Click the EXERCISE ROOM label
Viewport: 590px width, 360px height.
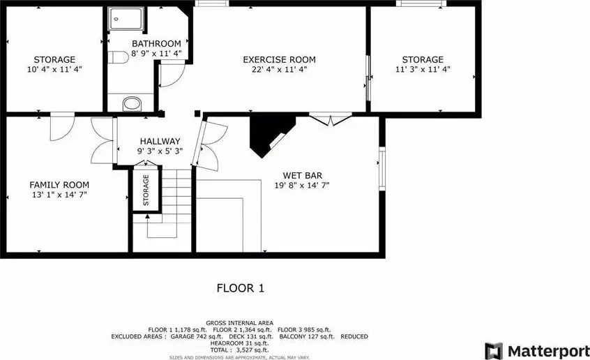tap(279, 59)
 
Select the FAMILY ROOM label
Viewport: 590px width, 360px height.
tap(59, 185)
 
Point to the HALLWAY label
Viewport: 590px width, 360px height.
tap(160, 141)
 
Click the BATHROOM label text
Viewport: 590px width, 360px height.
tap(156, 44)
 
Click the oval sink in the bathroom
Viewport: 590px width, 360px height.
tap(132, 103)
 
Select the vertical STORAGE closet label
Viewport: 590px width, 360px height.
tap(146, 190)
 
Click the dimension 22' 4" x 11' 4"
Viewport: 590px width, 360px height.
tap(279, 69)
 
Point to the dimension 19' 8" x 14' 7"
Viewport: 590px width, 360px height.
tap(302, 186)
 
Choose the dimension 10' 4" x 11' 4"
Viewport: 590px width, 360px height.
tap(54, 69)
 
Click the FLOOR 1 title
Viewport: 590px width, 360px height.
tap(241, 288)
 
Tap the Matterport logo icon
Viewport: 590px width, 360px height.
tap(494, 351)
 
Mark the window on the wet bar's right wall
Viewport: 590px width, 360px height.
tap(382, 167)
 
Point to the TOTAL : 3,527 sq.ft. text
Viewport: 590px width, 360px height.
tap(239, 350)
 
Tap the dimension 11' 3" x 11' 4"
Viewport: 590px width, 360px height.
tap(423, 69)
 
